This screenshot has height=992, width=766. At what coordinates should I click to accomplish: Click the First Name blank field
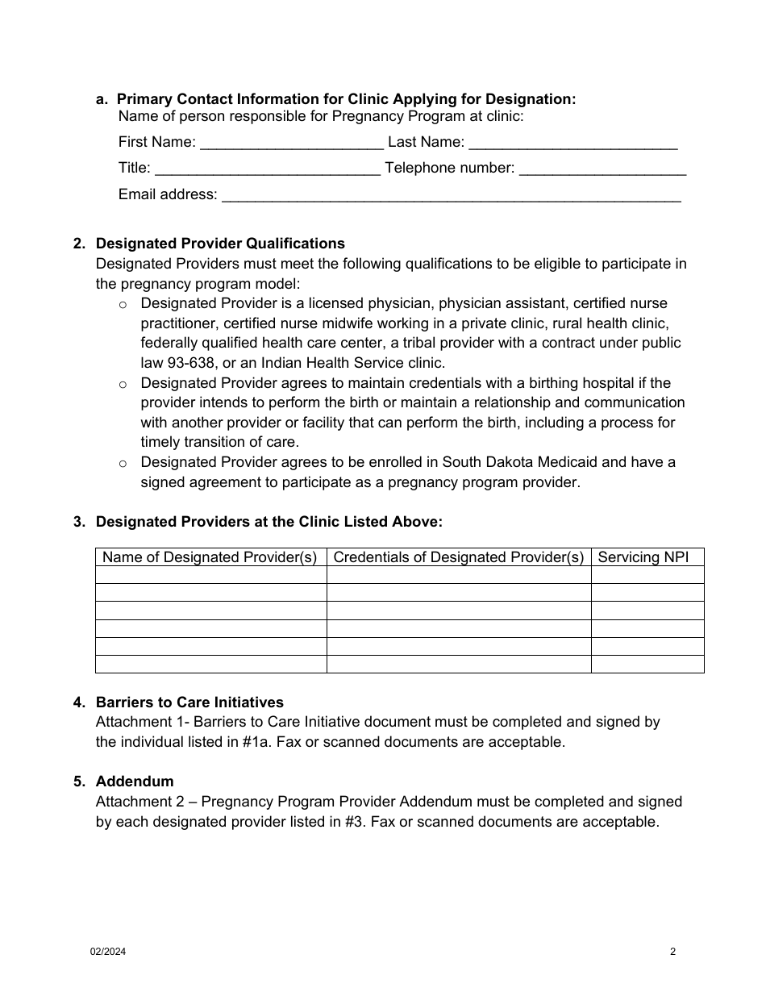pyautogui.click(x=291, y=144)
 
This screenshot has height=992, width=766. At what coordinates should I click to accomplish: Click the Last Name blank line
pyautogui.click(x=572, y=144)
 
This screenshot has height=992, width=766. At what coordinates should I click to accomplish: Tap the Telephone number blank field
pyautogui.click(x=602, y=169)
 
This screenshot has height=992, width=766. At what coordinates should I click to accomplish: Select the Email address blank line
pyautogui.click(x=451, y=195)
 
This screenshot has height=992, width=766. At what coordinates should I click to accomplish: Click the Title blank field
pyautogui.click(x=267, y=169)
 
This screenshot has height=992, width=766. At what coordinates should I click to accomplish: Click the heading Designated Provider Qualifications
pyautogui.click(x=220, y=244)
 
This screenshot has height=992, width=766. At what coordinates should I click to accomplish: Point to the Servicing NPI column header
pyautogui.click(x=643, y=557)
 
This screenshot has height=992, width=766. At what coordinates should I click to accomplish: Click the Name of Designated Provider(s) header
pyautogui.click(x=210, y=557)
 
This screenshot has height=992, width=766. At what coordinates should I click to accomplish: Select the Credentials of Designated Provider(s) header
pyautogui.click(x=458, y=557)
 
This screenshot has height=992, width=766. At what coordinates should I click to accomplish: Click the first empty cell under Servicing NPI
pyautogui.click(x=647, y=575)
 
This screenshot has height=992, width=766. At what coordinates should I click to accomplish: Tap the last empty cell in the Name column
pyautogui.click(x=210, y=664)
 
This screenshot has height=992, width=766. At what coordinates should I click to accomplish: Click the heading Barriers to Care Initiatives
pyautogui.click(x=189, y=702)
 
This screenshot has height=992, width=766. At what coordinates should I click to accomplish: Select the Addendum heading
pyautogui.click(x=135, y=782)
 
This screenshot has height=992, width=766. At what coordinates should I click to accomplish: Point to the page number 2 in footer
pyautogui.click(x=672, y=952)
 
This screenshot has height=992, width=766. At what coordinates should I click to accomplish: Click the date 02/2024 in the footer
pyautogui.click(x=107, y=952)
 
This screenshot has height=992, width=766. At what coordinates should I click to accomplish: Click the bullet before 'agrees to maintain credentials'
pyautogui.click(x=123, y=384)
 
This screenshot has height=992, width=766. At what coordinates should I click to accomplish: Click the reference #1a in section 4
pyautogui.click(x=256, y=742)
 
